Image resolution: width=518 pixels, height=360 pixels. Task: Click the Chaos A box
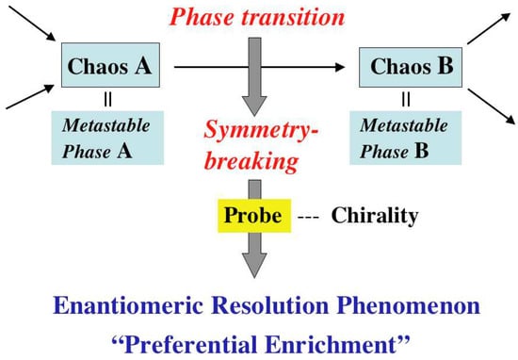coord(111,65)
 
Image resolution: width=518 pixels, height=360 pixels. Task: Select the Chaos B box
coord(411,68)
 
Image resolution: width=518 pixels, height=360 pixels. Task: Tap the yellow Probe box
coord(254,216)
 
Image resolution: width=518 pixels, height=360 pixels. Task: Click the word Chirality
coord(375,216)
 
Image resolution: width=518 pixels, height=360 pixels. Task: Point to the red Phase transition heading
coord(257,17)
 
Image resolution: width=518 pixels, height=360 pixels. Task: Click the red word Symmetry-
coord(261,131)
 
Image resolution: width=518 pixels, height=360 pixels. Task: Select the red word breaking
coord(251,161)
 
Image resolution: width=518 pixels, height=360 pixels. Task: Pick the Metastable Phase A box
coord(107,138)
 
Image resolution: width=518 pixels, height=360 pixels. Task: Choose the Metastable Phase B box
coord(406,138)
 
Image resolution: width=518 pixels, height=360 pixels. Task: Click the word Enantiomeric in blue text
coord(128,305)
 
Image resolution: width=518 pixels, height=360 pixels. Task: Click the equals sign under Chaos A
coord(107,99)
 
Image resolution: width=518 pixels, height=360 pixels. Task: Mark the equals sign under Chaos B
coord(406,99)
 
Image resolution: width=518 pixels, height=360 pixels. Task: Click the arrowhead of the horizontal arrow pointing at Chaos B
coord(339,67)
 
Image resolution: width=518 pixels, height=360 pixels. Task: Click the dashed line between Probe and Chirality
coord(308,218)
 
